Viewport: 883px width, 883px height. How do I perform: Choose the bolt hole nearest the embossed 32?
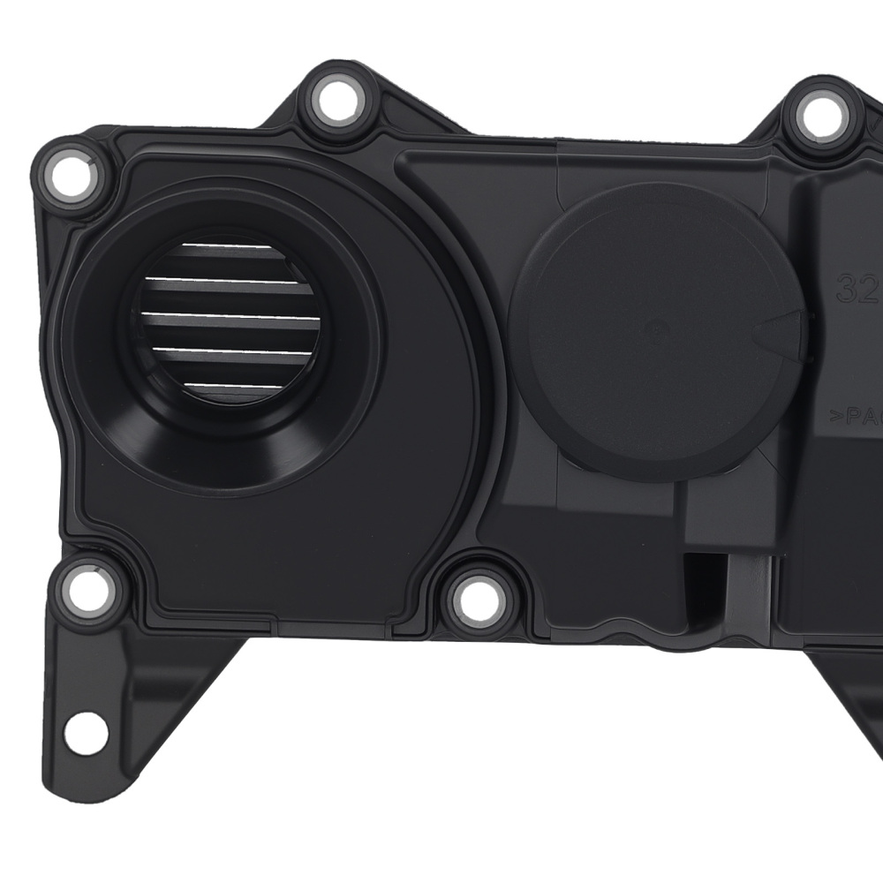(x=823, y=115)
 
